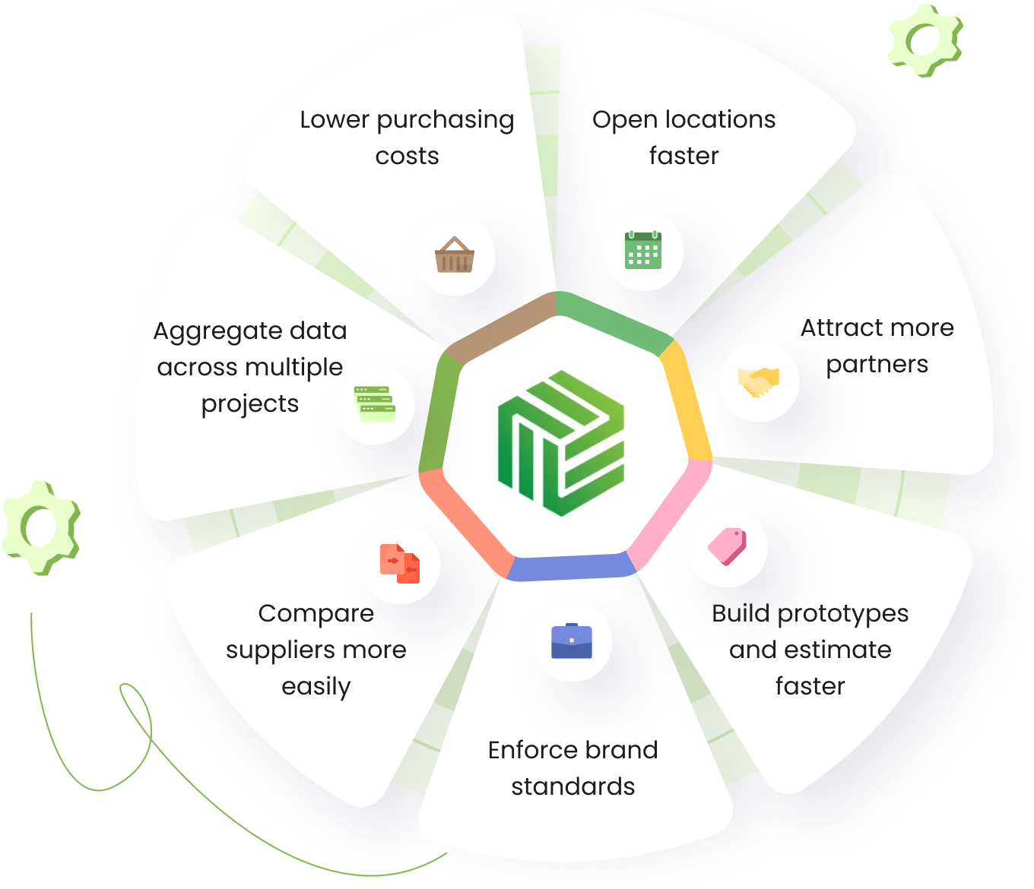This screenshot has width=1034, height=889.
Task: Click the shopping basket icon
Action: tap(455, 255)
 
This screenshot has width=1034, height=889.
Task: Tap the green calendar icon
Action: tap(643, 250)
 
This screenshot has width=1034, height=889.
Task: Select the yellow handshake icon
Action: tap(759, 381)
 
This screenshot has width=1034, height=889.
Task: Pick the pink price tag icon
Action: tap(728, 546)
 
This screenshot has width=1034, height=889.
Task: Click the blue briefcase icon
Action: tap(572, 641)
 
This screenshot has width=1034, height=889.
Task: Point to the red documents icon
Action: tap(400, 564)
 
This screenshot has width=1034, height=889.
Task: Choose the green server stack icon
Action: tap(375, 403)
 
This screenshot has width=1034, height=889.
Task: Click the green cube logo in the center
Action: tap(561, 443)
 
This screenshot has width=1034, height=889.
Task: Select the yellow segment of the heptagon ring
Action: tap(686, 399)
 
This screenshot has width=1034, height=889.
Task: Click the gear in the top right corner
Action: tap(925, 39)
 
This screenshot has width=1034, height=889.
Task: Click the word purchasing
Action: tap(445, 120)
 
